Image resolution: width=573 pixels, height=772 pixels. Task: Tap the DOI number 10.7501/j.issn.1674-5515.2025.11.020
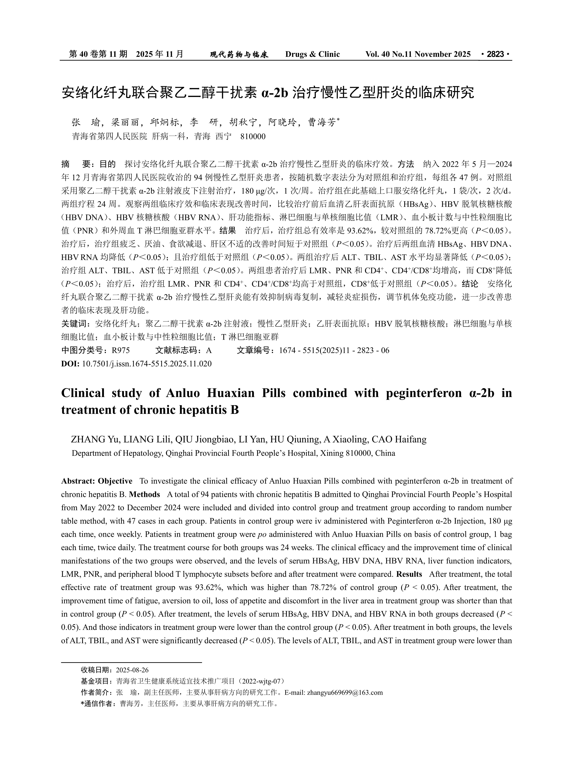pyautogui.click(x=147, y=364)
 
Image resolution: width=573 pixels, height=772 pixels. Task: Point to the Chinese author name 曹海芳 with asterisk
pyautogui.click(x=323, y=122)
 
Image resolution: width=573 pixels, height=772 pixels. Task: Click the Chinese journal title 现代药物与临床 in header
pyautogui.click(x=239, y=54)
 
